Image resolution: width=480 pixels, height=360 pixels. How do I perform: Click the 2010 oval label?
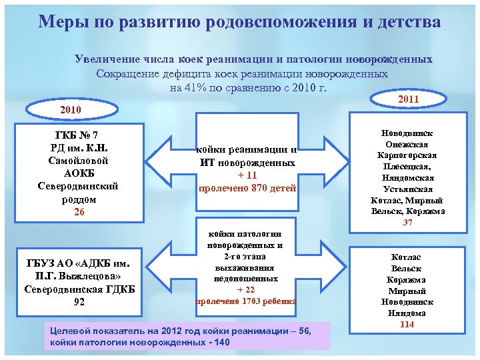(70, 109)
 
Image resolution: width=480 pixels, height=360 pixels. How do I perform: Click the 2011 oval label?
(407, 99)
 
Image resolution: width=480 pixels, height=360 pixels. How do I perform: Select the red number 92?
(79, 301)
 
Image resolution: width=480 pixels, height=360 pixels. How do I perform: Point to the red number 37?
(407, 223)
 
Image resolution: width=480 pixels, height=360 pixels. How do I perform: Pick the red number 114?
(407, 324)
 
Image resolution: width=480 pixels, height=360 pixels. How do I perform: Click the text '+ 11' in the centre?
(247, 175)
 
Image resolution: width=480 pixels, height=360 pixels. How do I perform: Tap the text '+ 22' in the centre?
(246, 289)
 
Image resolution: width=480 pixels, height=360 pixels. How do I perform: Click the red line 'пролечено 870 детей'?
(247, 188)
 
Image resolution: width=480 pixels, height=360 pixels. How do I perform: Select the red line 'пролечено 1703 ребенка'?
(246, 300)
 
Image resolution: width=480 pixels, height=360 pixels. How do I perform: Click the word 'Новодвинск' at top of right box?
(407, 133)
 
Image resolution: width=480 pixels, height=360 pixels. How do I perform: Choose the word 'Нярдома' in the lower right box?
(407, 313)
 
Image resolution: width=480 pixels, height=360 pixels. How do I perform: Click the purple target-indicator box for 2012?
(186, 337)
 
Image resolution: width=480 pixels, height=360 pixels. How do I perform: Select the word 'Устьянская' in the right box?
(407, 189)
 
